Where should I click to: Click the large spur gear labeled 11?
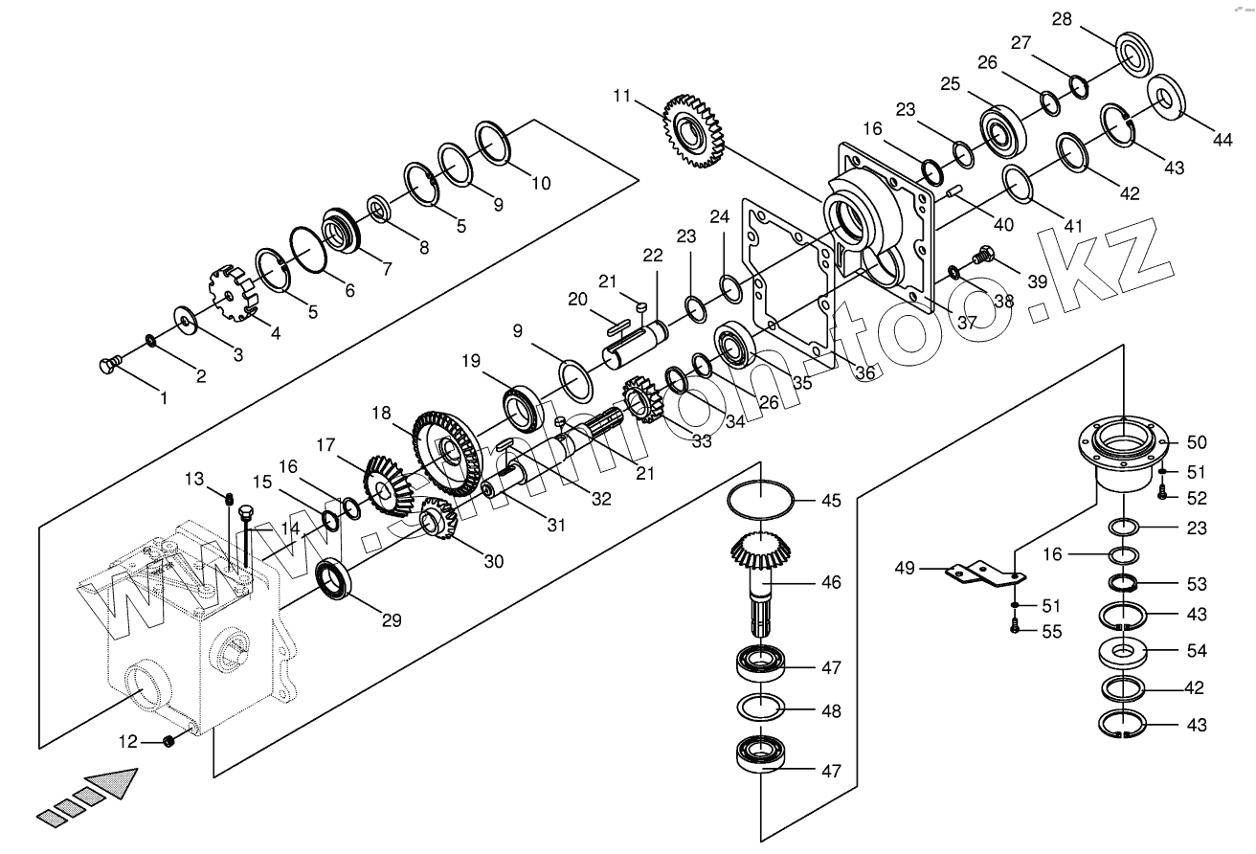pos(694,132)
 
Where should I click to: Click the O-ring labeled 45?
pos(760,497)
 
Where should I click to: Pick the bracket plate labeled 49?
pos(985,574)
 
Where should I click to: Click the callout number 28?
pos(1062,19)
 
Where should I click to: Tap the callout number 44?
pos(1222,140)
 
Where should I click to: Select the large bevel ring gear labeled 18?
pos(447,454)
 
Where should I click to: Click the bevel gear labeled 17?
pos(389,486)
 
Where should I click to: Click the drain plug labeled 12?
pos(168,742)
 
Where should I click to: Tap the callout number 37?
pos(967,323)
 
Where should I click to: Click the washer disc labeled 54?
pos(1122,653)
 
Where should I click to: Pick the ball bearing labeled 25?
pos(1003,134)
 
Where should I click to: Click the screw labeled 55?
pos(1015,627)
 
